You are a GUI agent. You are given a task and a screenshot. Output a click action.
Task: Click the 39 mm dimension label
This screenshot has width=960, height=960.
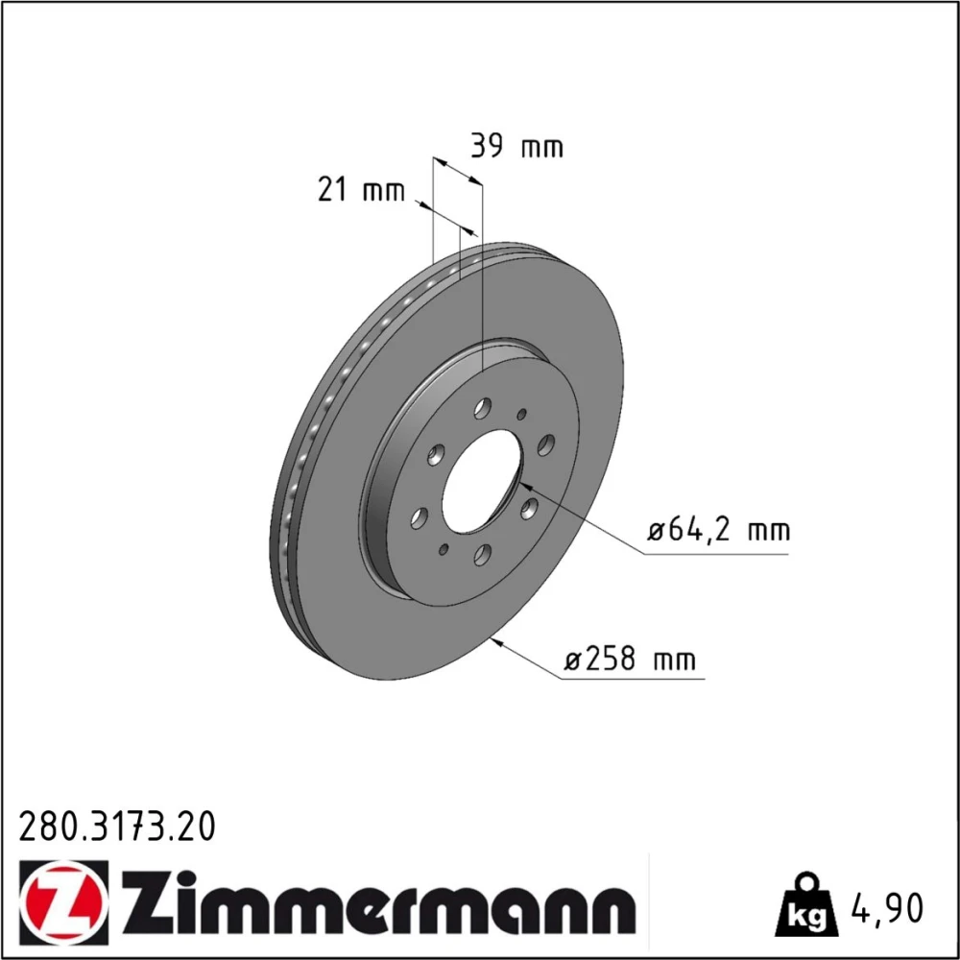516,147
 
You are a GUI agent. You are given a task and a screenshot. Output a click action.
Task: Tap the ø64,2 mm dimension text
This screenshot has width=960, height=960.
719,529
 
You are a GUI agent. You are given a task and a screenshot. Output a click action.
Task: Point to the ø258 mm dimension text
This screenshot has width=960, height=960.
630,660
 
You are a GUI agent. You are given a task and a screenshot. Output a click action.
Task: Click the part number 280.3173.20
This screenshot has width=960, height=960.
117,826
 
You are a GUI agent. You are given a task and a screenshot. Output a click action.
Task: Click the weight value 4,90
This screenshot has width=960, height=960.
886,908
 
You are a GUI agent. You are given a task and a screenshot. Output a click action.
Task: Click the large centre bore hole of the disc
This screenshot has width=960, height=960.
483,481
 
